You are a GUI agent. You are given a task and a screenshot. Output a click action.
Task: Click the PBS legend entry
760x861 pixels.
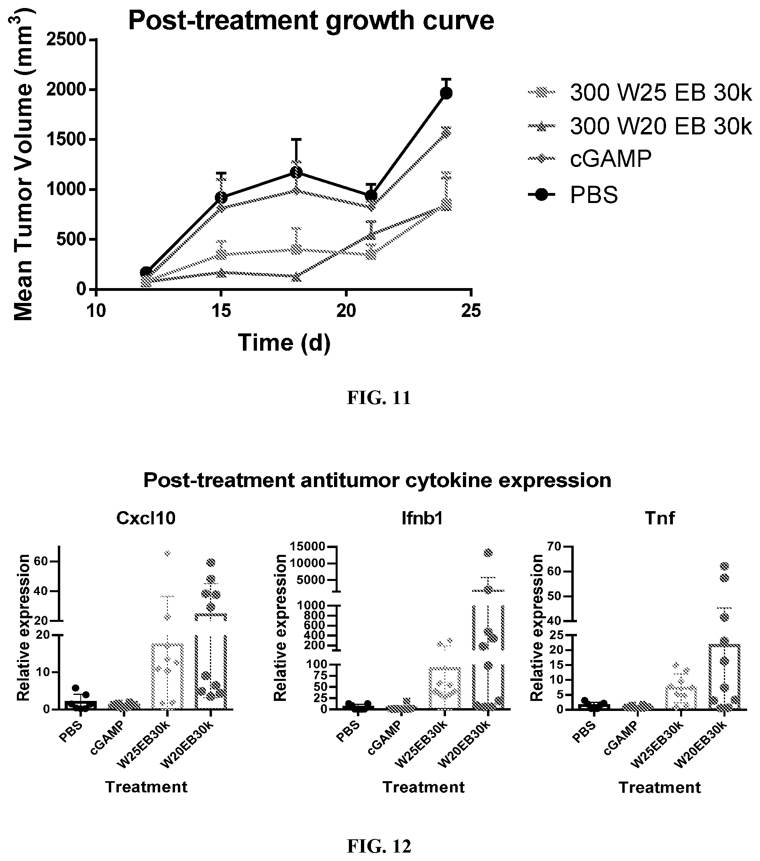pyautogui.click(x=573, y=195)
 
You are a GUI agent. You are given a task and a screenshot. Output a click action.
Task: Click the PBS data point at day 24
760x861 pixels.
pyautogui.click(x=446, y=93)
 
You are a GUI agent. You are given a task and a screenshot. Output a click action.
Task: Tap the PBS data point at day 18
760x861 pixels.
pyautogui.click(x=296, y=172)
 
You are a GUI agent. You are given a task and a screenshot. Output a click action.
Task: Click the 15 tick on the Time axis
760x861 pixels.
pyautogui.click(x=221, y=311)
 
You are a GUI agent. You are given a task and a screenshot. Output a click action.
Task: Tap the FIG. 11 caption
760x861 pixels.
pyautogui.click(x=379, y=398)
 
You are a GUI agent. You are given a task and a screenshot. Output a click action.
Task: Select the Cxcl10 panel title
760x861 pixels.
pyautogui.click(x=145, y=518)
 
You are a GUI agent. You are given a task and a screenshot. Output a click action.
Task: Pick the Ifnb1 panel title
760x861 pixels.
pyautogui.click(x=422, y=518)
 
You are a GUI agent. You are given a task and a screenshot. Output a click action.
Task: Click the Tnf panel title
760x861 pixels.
pyautogui.click(x=660, y=518)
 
